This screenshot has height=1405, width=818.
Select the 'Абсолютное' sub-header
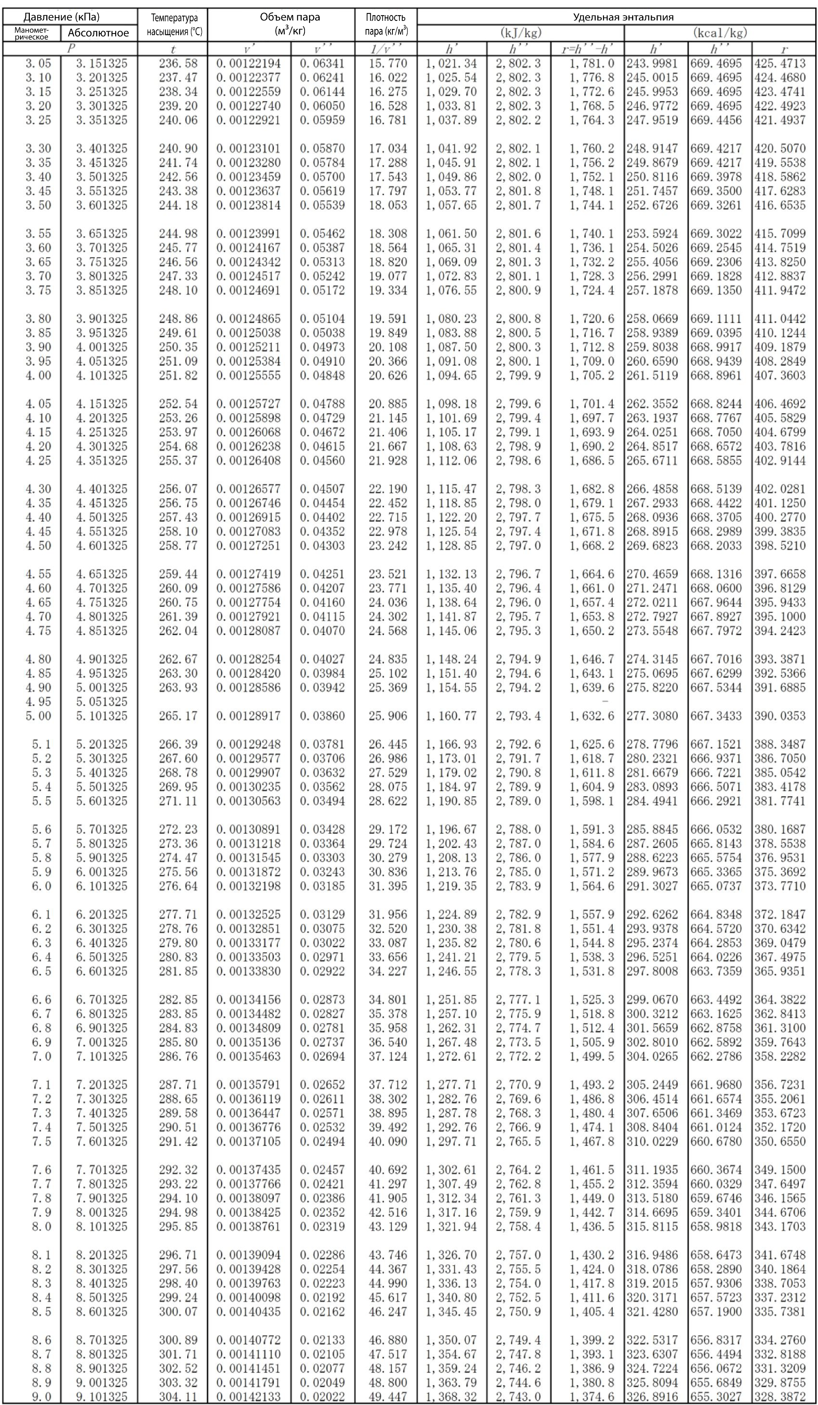(98, 33)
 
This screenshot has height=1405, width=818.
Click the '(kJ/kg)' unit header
(521, 33)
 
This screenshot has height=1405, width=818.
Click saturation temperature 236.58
(178, 63)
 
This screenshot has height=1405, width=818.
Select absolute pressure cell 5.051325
(101, 701)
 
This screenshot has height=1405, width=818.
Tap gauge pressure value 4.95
(38, 701)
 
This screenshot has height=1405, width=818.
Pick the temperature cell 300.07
(178, 1311)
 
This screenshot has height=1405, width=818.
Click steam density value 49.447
(388, 1397)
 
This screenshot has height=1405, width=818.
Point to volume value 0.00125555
(248, 375)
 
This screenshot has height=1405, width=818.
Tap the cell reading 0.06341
(322, 63)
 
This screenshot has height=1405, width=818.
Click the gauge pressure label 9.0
(41, 1397)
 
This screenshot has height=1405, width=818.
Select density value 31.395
(388, 886)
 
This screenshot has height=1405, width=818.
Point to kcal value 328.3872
(780, 1397)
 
